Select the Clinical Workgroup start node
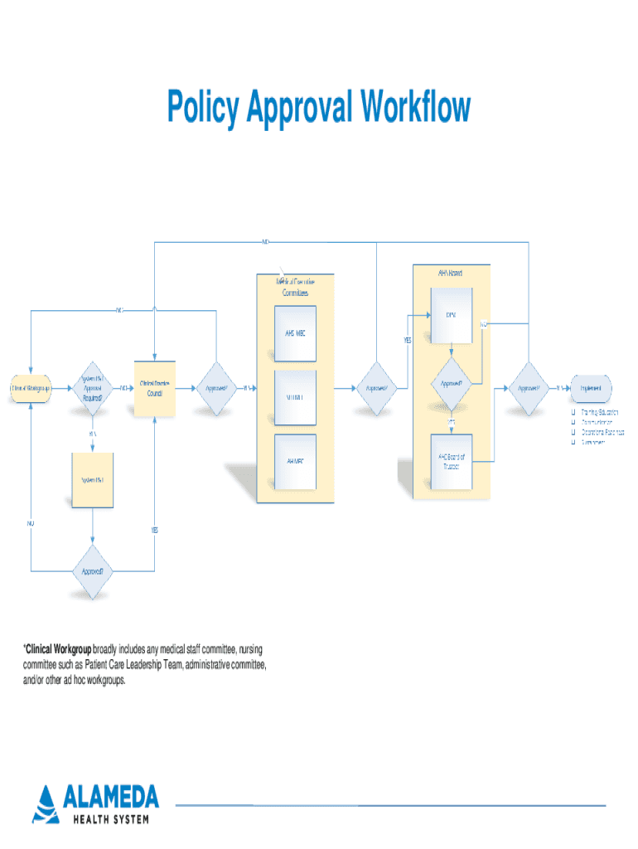click(x=30, y=387)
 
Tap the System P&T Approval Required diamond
click(x=92, y=387)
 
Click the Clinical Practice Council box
click(x=155, y=387)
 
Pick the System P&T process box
click(x=92, y=480)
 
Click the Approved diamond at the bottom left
click(x=92, y=571)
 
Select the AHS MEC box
click(x=296, y=334)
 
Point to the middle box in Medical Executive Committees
click(x=296, y=397)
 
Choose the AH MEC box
click(x=296, y=460)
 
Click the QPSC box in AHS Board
click(x=451, y=315)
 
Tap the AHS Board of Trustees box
click(x=451, y=460)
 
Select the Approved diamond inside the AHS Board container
click(x=451, y=384)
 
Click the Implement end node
click(x=590, y=387)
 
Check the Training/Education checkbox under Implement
click(x=572, y=412)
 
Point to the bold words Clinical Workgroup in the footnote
click(x=57, y=648)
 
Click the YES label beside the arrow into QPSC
click(x=408, y=340)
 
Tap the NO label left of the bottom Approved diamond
click(x=30, y=524)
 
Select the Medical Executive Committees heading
click(x=295, y=287)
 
